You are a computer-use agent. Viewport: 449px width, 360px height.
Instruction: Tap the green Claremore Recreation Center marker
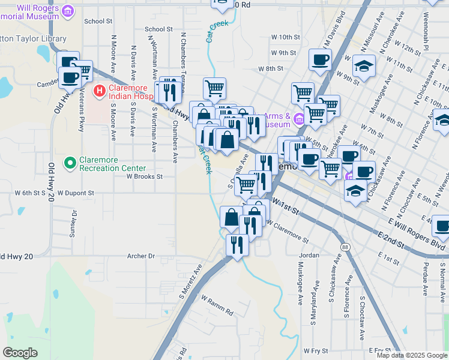point(70,162)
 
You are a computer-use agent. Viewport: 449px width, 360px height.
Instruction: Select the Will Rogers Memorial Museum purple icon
point(68,11)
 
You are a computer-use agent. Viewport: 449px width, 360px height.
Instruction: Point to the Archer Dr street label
point(141,256)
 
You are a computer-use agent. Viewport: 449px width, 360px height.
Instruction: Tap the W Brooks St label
point(144,177)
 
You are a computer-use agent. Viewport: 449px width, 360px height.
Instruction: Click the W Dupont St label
point(76,193)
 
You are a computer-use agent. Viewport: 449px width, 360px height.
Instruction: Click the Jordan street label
point(309,255)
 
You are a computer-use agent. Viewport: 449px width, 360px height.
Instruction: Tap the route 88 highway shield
point(345,247)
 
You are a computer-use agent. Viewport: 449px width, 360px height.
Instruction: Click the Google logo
point(20,352)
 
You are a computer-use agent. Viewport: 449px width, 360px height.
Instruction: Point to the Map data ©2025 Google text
point(412,355)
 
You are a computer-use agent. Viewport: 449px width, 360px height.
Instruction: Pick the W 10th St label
point(285,37)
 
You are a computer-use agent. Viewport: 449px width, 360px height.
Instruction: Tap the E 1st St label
point(390,260)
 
